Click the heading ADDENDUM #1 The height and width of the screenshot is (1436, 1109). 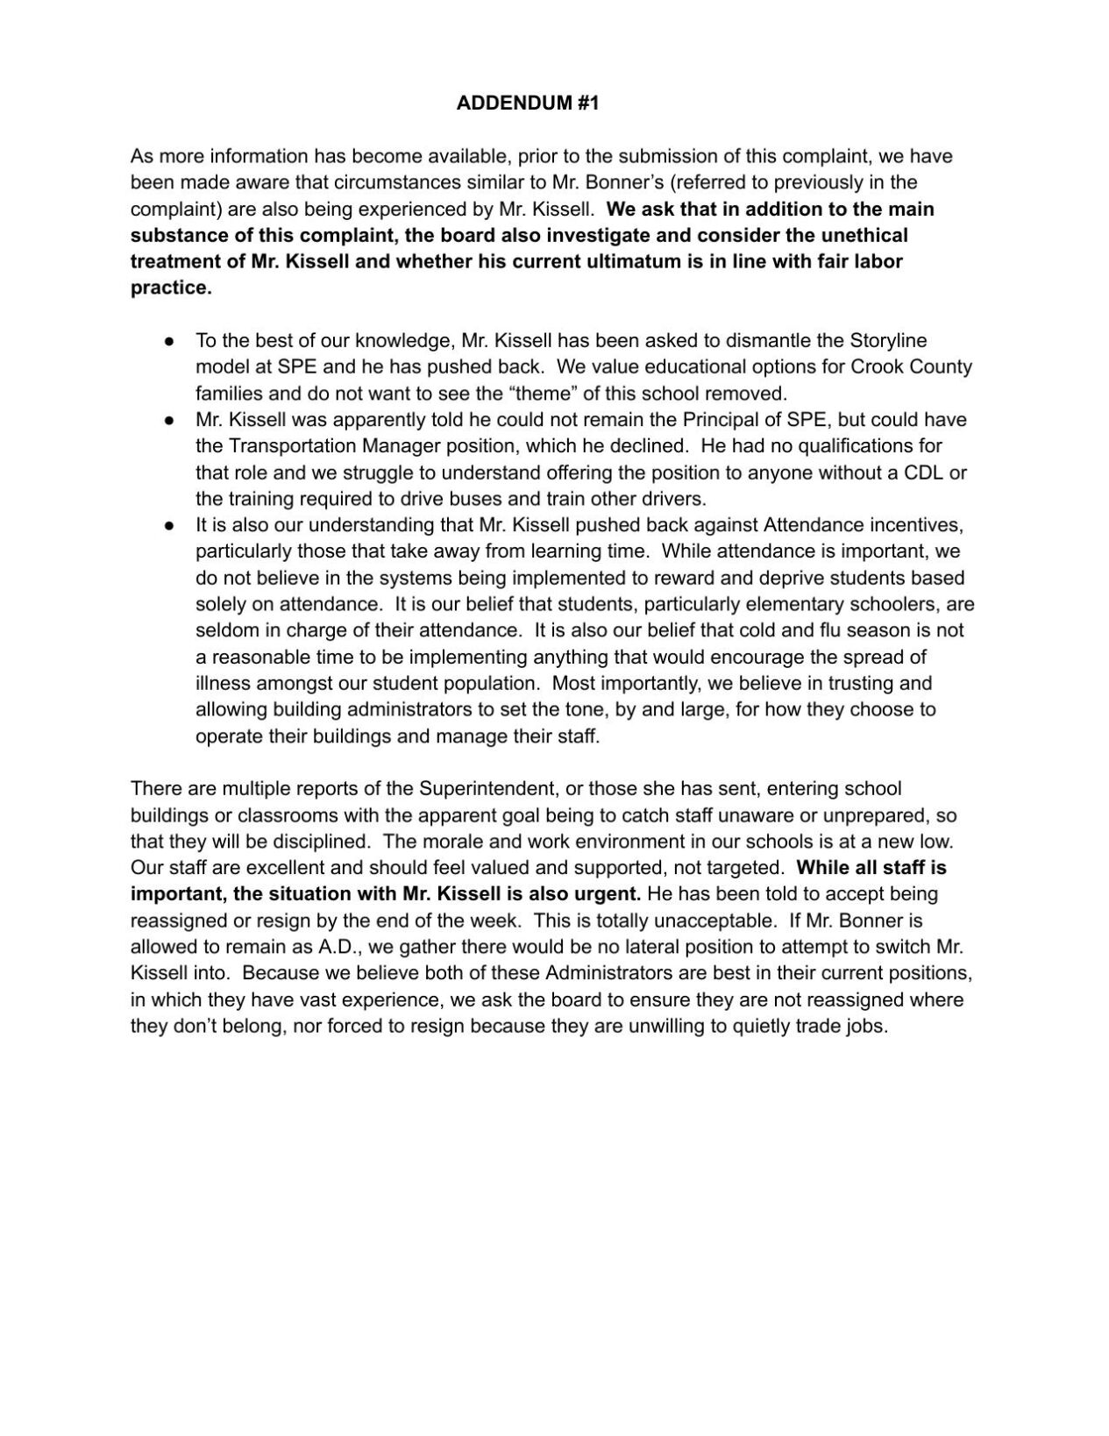click(527, 103)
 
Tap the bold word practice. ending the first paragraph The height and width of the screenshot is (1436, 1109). click(171, 288)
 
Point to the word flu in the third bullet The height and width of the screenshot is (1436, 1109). click(829, 630)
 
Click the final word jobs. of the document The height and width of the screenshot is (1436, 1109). click(869, 1026)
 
